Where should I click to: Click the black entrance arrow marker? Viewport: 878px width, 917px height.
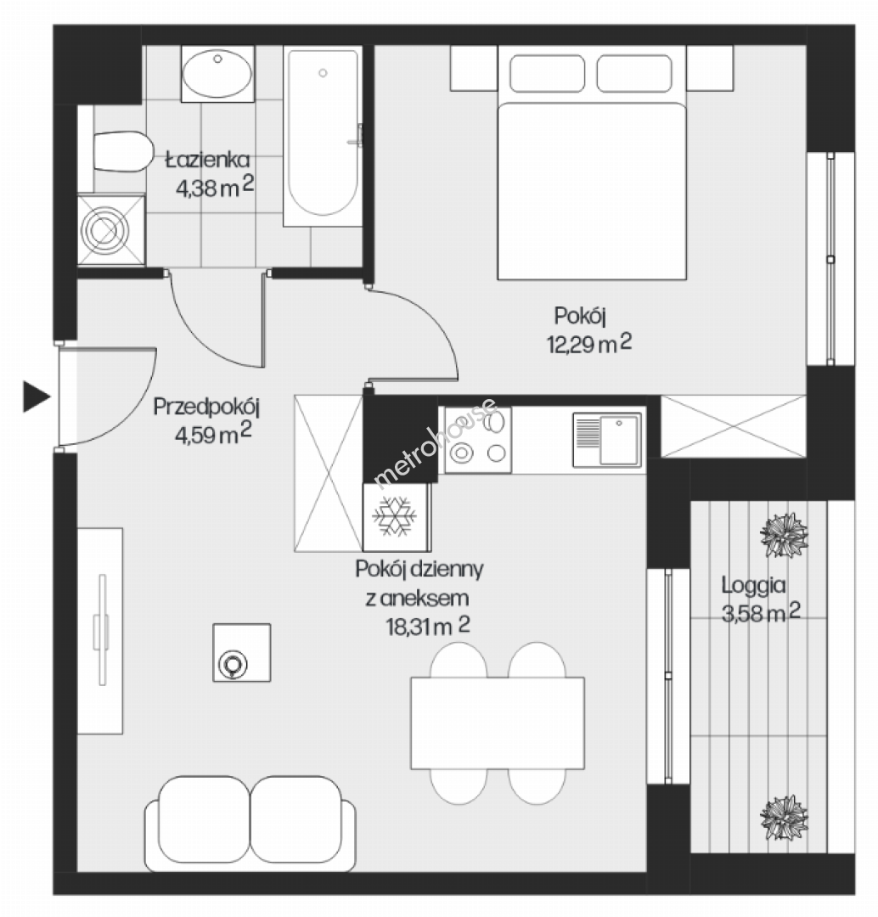pyautogui.click(x=36, y=397)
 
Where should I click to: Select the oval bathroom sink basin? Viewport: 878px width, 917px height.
pyautogui.click(x=217, y=74)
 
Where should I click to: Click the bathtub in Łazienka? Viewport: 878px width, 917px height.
pyautogui.click(x=323, y=137)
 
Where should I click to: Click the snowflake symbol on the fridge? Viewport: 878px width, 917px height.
pyautogui.click(x=395, y=516)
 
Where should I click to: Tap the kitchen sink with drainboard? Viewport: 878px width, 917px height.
pyautogui.click(x=606, y=440)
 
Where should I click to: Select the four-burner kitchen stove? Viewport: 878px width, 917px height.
pyautogui.click(x=478, y=440)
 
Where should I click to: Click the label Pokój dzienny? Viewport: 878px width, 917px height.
pyautogui.click(x=419, y=568)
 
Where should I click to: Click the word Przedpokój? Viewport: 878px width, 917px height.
pyautogui.click(x=205, y=407)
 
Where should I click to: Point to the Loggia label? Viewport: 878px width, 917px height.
pyautogui.click(x=753, y=585)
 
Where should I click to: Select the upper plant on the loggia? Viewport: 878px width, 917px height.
pyautogui.click(x=784, y=535)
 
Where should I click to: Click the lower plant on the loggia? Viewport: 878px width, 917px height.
pyautogui.click(x=784, y=817)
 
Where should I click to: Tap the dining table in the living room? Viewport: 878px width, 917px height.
pyautogui.click(x=498, y=723)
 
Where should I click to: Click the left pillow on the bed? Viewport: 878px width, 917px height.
pyautogui.click(x=547, y=74)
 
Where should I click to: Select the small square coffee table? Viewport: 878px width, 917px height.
pyautogui.click(x=242, y=652)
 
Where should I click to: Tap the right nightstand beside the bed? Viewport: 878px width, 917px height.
pyautogui.click(x=710, y=69)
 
